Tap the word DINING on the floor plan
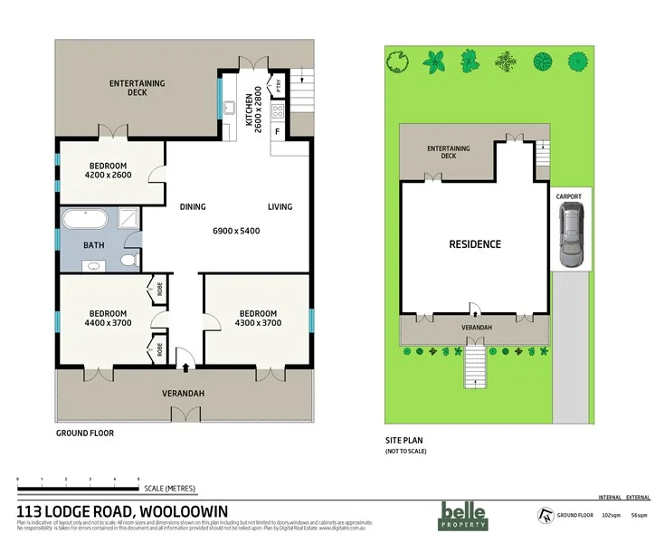pos(193,207)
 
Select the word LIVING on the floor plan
pos(280,207)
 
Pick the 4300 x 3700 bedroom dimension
pos(258,322)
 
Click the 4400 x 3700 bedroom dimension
pos(108,322)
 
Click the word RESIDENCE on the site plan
pos(475,244)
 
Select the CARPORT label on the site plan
pos(569,195)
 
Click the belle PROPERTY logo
pos(464,515)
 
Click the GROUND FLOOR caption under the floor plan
pos(84,433)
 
